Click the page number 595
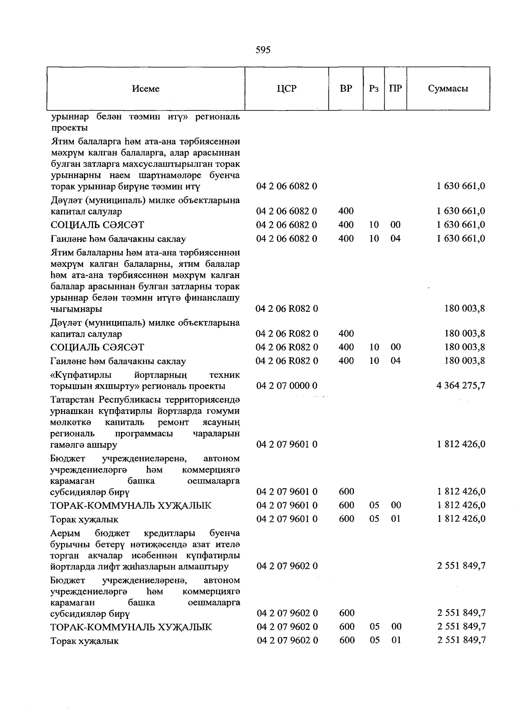pyautogui.click(x=263, y=50)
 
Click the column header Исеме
pyautogui.click(x=145, y=89)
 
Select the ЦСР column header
pyautogui.click(x=286, y=89)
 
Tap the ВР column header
pyautogui.click(x=346, y=89)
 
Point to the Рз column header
pyautogui.click(x=373, y=89)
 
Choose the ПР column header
pyautogui.click(x=395, y=89)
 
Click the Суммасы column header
pyautogui.click(x=448, y=89)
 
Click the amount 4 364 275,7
pyautogui.click(x=461, y=386)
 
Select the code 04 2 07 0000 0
pyautogui.click(x=287, y=386)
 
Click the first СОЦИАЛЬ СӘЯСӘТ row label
pyautogui.click(x=97, y=225)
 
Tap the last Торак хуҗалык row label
pyautogui.click(x=84, y=641)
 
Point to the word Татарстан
pyautogui.click(x=73, y=400)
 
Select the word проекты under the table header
pyautogui.click(x=69, y=128)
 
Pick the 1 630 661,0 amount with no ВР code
pyautogui.click(x=461, y=186)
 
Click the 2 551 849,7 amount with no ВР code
pyautogui.click(x=461, y=566)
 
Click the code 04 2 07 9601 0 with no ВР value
pyautogui.click(x=287, y=445)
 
